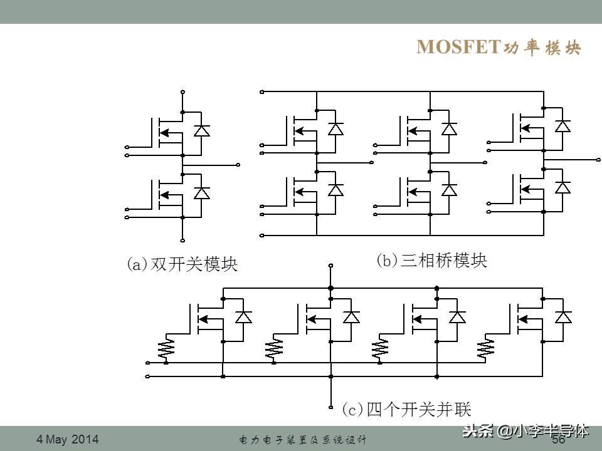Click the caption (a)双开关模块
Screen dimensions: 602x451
click(182, 264)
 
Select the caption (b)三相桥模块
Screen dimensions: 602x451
click(431, 261)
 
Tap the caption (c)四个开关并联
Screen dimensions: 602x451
click(406, 409)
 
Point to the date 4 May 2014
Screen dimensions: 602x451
click(68, 439)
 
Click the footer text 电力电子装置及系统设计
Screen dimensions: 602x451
click(302, 440)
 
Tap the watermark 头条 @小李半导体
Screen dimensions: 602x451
click(525, 431)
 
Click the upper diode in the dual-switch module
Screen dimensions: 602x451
click(201, 130)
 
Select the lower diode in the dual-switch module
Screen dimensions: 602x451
click(201, 193)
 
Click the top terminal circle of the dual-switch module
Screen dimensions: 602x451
click(182, 92)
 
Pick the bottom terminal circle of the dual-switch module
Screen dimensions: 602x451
click(182, 241)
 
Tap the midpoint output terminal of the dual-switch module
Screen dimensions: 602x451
click(238, 165)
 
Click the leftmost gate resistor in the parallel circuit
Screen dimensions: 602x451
click(166, 348)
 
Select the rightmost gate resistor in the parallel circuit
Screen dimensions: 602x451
click(485, 348)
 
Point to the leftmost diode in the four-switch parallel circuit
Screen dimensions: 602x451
click(243, 317)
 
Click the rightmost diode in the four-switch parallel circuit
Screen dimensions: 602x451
click(563, 317)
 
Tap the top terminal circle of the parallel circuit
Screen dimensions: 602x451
click(331, 266)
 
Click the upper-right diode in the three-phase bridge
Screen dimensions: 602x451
click(563, 126)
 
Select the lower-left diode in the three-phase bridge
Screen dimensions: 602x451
click(336, 190)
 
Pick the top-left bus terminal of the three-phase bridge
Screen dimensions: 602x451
click(262, 92)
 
